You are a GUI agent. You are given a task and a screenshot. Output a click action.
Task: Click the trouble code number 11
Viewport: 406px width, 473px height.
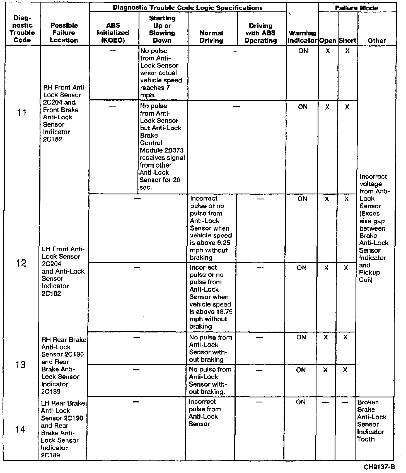[22, 113]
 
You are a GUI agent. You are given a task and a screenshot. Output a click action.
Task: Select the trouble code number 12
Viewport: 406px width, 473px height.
[21, 263]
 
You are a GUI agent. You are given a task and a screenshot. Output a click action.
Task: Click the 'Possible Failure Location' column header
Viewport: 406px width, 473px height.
[64, 33]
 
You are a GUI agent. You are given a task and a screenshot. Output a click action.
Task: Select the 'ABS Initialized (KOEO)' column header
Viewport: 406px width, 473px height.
[113, 33]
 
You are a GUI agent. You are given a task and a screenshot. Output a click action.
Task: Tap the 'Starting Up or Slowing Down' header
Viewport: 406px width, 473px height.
[162, 29]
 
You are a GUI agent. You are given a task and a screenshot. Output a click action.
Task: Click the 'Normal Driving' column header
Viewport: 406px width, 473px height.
[211, 37]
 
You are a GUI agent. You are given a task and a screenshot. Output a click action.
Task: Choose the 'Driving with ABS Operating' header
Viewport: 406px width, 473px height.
[261, 33]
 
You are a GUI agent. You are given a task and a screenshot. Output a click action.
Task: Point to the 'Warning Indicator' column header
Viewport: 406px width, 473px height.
[302, 37]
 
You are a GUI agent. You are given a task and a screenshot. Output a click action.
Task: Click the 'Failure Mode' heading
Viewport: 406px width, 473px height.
[356, 8]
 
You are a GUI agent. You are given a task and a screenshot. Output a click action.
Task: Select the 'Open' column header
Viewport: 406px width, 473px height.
[328, 41]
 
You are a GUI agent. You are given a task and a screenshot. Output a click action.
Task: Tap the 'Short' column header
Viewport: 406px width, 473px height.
[347, 41]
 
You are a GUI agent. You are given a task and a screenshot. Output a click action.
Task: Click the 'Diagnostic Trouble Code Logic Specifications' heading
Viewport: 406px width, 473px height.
[187, 8]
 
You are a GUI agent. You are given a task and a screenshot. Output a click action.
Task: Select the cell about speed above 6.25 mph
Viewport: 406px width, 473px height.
[211, 228]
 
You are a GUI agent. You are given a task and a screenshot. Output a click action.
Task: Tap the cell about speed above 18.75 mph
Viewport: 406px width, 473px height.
[211, 297]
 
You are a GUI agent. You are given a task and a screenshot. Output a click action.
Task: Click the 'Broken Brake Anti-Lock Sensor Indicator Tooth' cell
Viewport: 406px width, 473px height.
[372, 421]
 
